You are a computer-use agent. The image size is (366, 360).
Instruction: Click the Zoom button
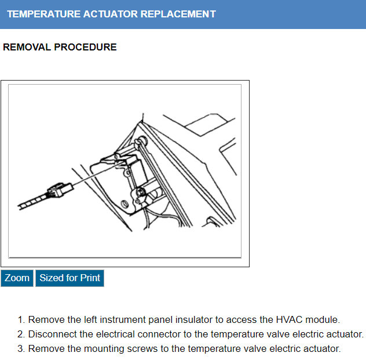(x=17, y=278)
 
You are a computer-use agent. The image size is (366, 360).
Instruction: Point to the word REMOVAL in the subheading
(x=27, y=48)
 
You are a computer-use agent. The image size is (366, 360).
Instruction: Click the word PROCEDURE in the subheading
(x=85, y=48)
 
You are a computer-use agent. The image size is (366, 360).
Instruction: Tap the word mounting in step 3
(x=100, y=348)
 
